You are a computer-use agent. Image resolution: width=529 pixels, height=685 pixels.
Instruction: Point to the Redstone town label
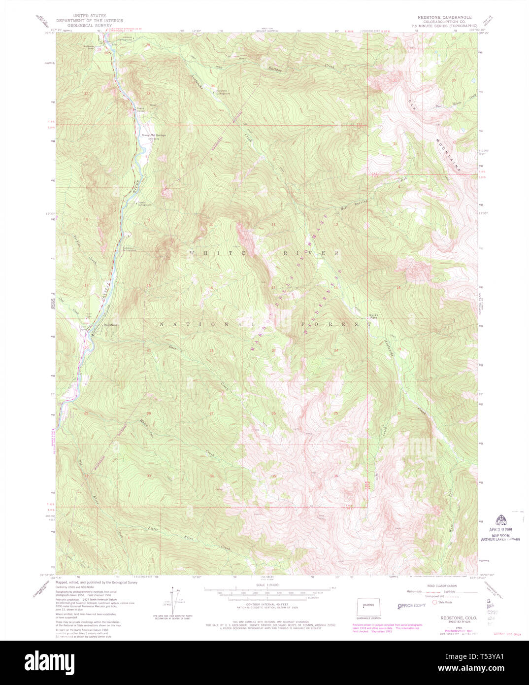pos(110,332)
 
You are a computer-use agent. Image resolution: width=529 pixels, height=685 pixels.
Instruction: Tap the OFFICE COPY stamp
pos(411,605)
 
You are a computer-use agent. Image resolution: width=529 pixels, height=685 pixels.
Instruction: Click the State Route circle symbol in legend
pos(434,602)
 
